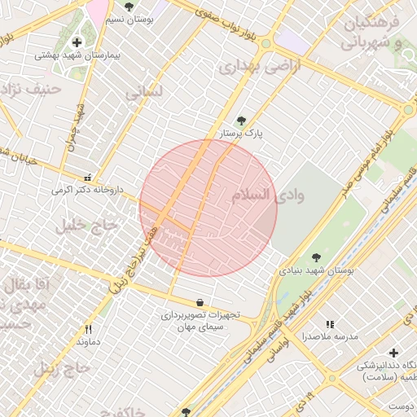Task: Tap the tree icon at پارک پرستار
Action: (240, 121)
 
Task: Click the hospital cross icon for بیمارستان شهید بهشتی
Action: (77, 42)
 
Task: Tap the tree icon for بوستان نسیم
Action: (129, 7)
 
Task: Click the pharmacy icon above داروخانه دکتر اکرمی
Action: (88, 177)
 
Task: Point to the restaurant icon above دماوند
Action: (88, 329)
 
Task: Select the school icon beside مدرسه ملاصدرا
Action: (330, 324)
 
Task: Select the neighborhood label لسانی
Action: (145, 93)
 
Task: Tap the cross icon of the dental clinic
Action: (394, 353)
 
